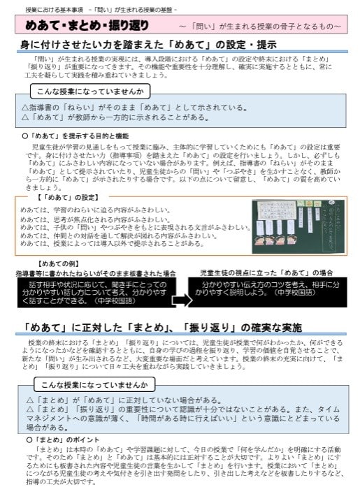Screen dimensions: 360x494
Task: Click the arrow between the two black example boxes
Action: [x=181, y=300]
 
